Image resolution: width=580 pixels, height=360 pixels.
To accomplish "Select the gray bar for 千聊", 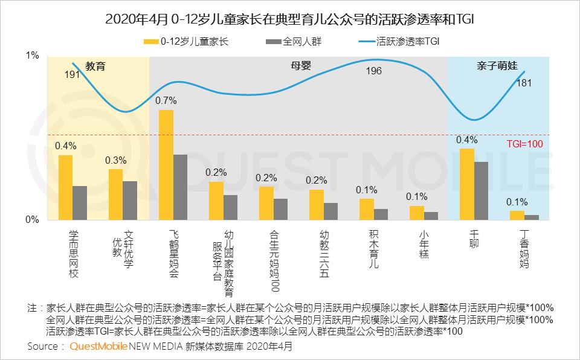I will click(x=481, y=190).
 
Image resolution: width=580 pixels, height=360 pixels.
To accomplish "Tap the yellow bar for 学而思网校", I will click(x=66, y=187).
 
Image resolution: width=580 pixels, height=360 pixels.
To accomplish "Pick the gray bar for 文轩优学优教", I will click(x=130, y=200).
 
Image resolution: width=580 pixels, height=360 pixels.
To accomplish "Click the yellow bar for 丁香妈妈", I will click(x=517, y=215).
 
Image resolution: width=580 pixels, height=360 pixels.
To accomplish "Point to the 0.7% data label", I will click(x=166, y=100).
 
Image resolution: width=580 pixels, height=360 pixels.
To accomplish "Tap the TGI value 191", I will click(x=72, y=75).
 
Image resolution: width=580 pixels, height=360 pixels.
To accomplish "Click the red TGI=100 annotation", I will click(x=525, y=143).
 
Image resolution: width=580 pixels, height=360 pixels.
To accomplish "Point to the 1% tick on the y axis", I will click(x=32, y=56).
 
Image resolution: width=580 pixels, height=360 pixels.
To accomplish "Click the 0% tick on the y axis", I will click(x=32, y=220).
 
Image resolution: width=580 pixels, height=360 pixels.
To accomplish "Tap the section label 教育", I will click(x=95, y=66).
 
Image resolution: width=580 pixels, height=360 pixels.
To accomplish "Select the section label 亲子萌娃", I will click(x=498, y=66).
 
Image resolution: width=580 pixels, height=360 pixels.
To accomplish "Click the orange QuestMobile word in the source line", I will click(x=98, y=347).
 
